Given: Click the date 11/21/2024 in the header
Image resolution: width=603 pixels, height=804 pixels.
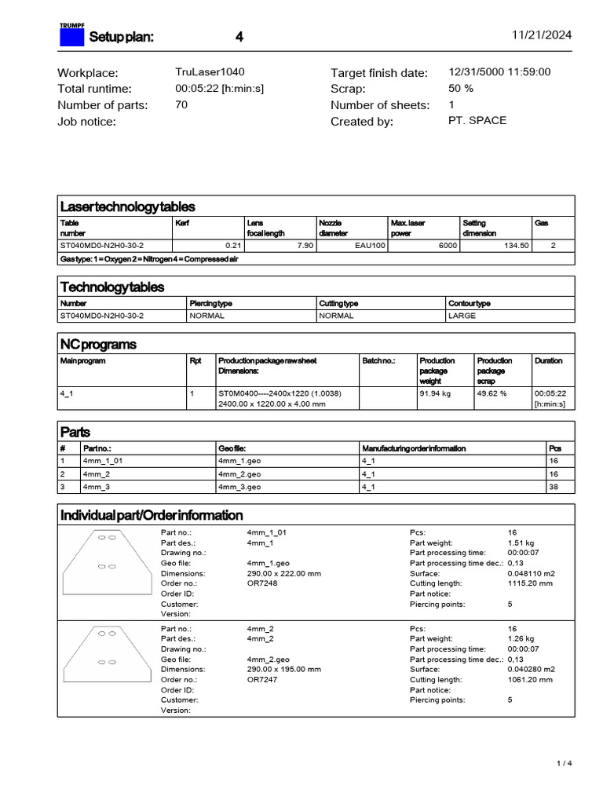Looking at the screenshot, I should point(542,35).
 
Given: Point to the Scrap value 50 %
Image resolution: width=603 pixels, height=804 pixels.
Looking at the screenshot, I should point(460,89).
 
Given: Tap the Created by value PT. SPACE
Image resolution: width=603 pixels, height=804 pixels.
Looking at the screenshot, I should point(477,121).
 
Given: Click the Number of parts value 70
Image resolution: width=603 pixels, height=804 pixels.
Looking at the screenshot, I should point(181,104).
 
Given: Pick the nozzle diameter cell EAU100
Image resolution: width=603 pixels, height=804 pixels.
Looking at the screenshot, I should point(371,246).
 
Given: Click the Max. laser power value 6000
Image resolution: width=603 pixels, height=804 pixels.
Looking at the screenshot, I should point(448,246).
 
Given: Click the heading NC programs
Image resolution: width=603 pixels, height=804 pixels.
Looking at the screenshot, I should point(98,345).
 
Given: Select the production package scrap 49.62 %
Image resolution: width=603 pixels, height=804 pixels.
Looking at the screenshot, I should point(492,394).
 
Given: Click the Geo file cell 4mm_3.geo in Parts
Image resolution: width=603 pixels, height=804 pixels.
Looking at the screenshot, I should point(239,487).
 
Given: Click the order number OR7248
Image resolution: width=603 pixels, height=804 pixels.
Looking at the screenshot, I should point(262,583).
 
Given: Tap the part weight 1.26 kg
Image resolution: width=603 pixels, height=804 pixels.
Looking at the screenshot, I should point(521,638).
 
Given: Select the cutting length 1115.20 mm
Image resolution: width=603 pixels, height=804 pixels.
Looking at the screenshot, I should point(530,583).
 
